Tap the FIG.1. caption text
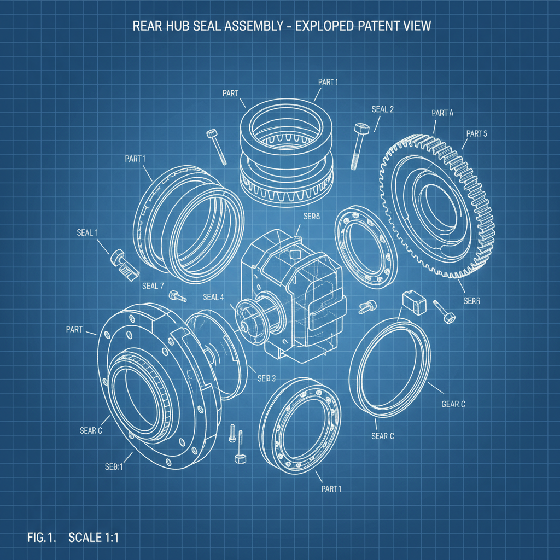coord(42,537)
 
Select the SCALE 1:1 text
coord(94,537)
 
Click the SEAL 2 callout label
coord(382,109)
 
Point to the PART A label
coord(442,113)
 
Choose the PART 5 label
coord(476,133)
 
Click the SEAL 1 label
coord(87,232)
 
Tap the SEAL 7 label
coord(153,285)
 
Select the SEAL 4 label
coord(213,297)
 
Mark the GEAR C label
coord(453,404)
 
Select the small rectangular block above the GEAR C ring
coord(413,303)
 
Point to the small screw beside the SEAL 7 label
coord(178,296)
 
